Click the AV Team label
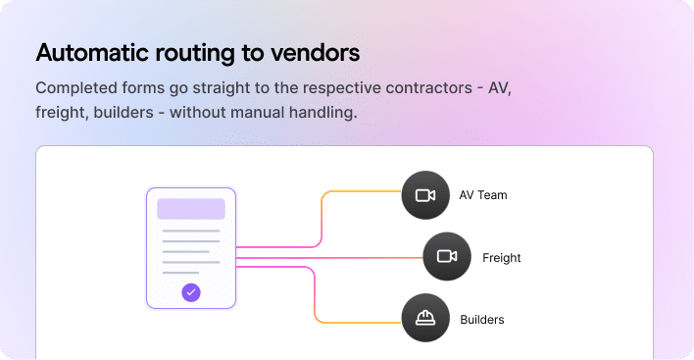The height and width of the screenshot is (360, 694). point(483,195)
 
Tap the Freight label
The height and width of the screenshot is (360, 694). point(501,258)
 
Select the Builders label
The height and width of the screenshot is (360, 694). point(482,320)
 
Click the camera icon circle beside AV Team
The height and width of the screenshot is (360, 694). point(425,195)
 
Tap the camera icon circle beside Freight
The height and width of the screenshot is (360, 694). point(447,257)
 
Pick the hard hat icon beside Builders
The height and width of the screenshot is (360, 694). point(425,318)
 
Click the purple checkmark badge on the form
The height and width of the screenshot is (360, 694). point(191,291)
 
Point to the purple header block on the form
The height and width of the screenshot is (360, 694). point(191,209)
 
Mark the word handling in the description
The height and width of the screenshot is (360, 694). point(324,113)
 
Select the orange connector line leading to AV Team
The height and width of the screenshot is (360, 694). point(363,191)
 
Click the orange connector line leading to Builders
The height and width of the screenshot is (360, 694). point(363,322)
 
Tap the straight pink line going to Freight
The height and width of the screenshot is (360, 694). point(333,257)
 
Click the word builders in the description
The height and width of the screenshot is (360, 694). point(124,113)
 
